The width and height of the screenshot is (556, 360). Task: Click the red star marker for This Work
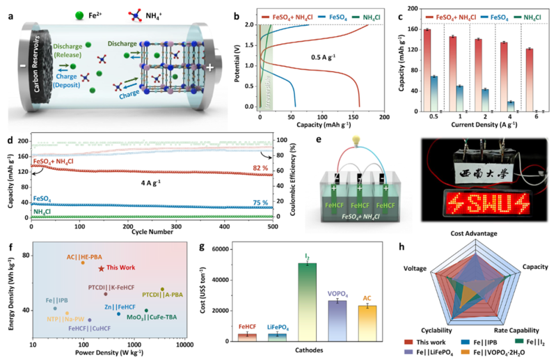point(102,268)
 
